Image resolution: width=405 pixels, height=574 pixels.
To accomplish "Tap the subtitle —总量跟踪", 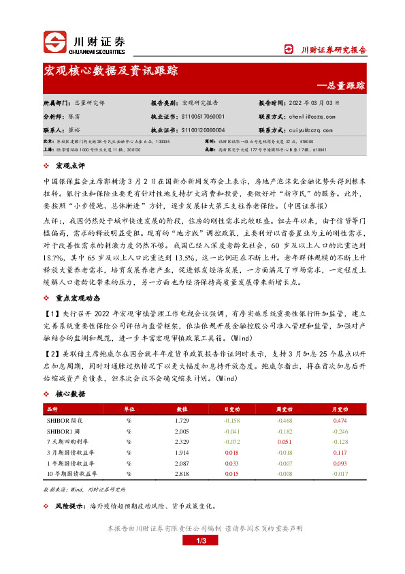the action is [x=341, y=86].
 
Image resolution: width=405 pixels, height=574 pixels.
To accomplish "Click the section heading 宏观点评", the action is [x=67, y=166].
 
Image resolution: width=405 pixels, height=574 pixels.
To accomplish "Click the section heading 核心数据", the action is [x=71, y=394].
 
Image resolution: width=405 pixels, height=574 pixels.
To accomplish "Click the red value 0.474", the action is [x=340, y=421].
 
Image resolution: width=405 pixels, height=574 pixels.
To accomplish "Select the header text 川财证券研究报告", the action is [x=334, y=49].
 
